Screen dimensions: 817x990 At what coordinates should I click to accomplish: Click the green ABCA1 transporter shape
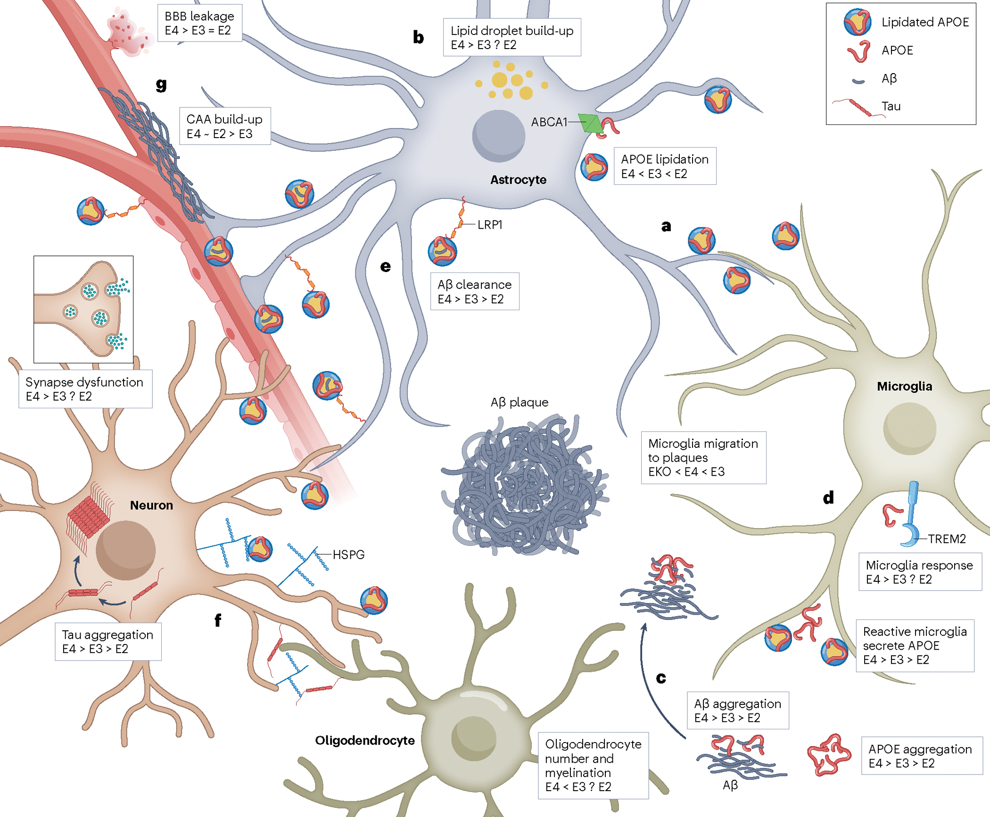(591, 124)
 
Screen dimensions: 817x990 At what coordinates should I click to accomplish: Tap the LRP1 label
(490, 225)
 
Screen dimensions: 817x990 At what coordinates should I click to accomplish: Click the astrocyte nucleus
(498, 136)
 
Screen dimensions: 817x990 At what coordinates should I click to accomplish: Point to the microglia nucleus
(909, 429)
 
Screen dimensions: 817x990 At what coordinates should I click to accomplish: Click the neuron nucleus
(125, 550)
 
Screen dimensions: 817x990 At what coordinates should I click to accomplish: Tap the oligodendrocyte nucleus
(473, 738)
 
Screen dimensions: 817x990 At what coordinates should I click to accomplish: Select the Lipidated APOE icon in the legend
(858, 22)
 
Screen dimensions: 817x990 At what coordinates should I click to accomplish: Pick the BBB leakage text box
(199, 23)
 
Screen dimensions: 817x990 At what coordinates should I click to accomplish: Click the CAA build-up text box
(225, 126)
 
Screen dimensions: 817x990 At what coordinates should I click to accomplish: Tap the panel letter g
(161, 84)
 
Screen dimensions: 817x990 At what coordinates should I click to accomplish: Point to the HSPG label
(348, 554)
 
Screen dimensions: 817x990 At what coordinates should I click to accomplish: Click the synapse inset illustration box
(83, 309)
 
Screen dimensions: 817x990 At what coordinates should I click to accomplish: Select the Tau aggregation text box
(108, 642)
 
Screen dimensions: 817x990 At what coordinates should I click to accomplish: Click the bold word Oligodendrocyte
(364, 740)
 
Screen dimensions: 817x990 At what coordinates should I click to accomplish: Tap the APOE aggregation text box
(921, 756)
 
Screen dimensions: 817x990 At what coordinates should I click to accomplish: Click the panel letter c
(661, 678)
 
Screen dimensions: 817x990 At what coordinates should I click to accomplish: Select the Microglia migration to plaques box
(703, 457)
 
